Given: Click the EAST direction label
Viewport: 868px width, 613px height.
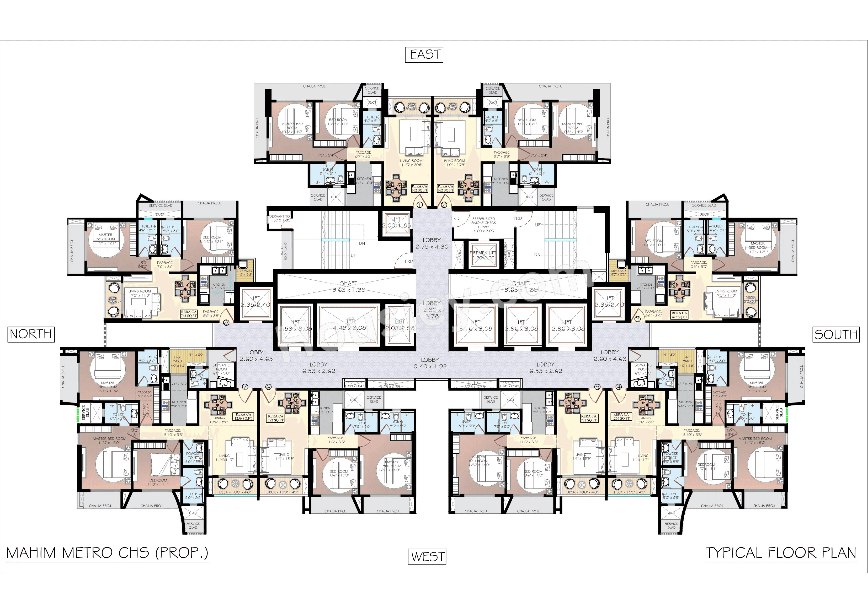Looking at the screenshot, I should pos(424,55).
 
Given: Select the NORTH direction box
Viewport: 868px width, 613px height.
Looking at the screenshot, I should pos(31,334).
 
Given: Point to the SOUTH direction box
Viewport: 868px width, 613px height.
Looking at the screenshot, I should pos(835,334).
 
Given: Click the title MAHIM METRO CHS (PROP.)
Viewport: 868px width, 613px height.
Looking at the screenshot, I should pos(107,553).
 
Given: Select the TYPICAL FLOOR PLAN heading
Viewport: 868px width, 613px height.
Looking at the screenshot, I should pos(781,553).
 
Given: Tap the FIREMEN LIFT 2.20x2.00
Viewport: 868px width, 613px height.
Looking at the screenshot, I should pos(483,256).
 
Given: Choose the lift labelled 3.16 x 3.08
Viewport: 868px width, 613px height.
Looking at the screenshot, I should pos(475,326).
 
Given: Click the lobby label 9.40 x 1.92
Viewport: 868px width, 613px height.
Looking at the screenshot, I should pos(430,363).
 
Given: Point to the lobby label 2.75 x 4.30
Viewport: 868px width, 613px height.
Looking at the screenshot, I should pos(432,243).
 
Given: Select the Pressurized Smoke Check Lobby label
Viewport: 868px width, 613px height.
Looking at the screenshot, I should pos(483,224).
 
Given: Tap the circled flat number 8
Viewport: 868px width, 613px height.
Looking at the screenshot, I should pos(226,322).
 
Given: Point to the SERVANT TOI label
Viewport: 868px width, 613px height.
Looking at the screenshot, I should pos(280,218).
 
